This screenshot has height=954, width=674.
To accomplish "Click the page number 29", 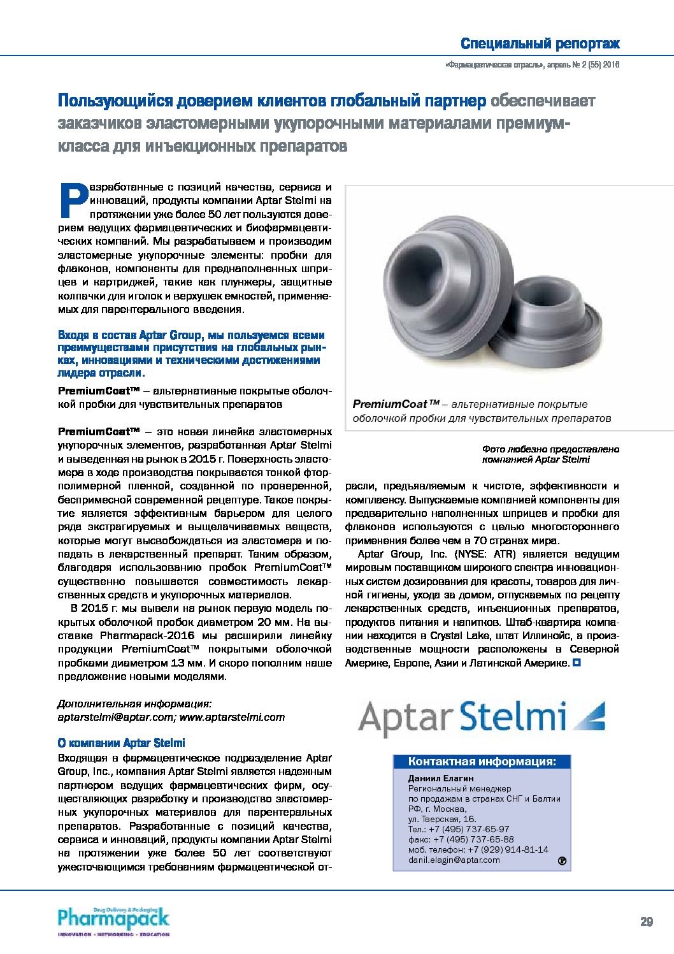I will pos(647,921).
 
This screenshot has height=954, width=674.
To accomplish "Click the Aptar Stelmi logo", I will pos(481,718).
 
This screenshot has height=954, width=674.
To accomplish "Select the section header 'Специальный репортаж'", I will pos(540,44).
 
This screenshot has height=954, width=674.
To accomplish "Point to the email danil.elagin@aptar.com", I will pos(454,860).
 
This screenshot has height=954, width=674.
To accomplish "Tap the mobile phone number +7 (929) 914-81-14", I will pos(508,849).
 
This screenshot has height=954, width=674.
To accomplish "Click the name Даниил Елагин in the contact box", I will pos(441,778).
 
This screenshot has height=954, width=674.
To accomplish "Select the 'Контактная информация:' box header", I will pos(482,762).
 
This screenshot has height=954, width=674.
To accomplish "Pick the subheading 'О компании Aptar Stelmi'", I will pos(122,742).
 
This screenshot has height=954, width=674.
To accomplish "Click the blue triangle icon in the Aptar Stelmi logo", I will pos(589,716).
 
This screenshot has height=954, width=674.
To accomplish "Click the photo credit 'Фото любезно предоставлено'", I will pos(550,449).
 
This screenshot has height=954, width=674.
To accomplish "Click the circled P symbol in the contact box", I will pos(562,862).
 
